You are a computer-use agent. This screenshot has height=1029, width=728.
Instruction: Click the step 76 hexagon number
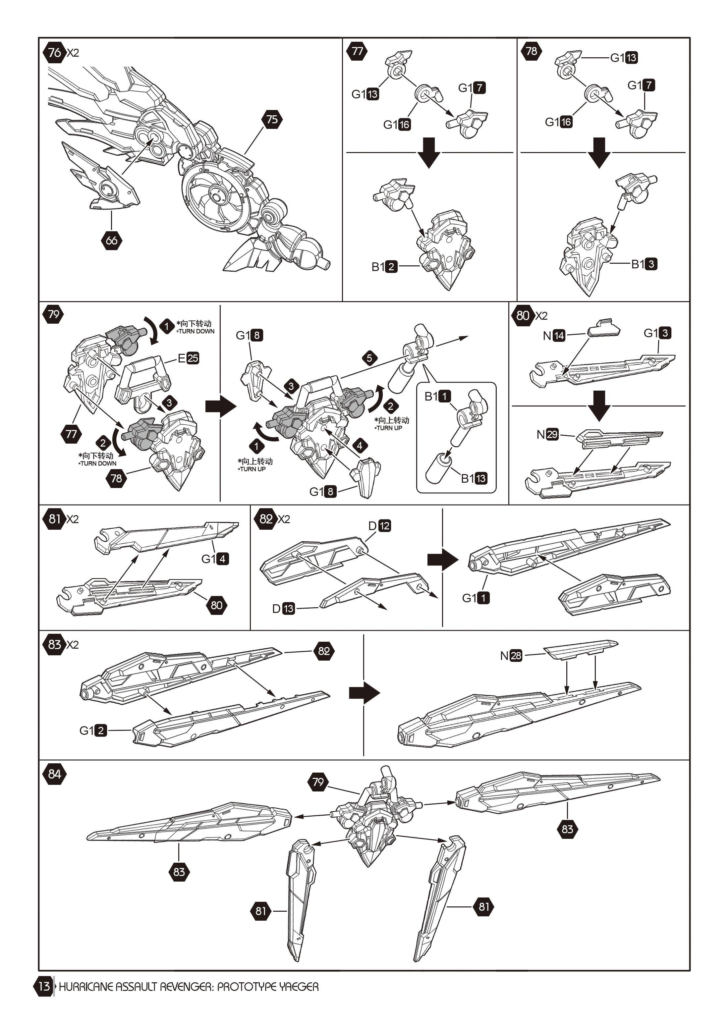pos(54,52)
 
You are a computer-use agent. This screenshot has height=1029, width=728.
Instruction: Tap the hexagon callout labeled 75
pos(272,119)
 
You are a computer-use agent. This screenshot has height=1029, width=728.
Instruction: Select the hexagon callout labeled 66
pos(111,240)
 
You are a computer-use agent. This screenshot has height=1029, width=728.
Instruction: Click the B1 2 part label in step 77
pos(384,267)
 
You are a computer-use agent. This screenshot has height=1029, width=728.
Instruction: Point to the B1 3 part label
pos(644,264)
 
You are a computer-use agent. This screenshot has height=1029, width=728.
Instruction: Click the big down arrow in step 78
pos(599,153)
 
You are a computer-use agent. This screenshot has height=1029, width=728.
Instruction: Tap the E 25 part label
pos(188,358)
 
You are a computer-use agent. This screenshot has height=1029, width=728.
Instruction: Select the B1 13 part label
pos(474,478)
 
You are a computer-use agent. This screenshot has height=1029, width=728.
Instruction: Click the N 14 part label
pos(554,335)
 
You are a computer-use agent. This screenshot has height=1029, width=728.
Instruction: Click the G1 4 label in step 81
pos(215,559)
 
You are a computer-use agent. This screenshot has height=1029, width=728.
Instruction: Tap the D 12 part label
pos(379,526)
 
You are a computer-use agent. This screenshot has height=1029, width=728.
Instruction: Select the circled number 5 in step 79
pos(369,358)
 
